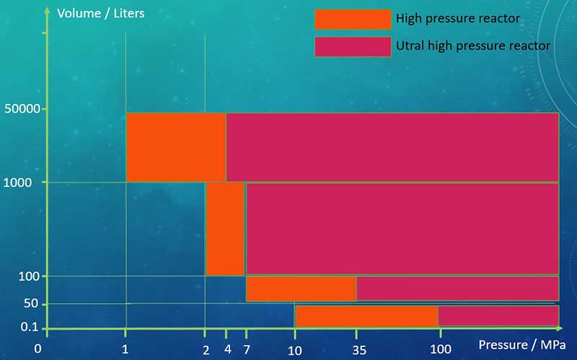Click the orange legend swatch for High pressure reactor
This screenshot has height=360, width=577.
pos(353,19)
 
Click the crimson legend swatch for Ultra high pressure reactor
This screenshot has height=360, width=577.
pos(353,46)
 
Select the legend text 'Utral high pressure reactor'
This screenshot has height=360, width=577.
pos(473,45)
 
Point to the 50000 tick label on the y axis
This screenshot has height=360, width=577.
pos(22,109)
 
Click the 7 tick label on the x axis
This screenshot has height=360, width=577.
pos(246,350)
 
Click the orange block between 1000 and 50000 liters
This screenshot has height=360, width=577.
pos(176,147)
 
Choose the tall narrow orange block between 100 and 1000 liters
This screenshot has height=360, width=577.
pos(225,229)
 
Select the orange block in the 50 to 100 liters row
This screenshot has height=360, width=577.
pos(301,289)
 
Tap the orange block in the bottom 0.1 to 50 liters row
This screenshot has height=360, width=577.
pos(366,316)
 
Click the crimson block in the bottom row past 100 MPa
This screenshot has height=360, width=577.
pos(498,316)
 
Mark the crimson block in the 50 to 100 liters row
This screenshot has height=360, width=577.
pos(457,289)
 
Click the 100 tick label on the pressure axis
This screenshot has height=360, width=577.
pos(440,350)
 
